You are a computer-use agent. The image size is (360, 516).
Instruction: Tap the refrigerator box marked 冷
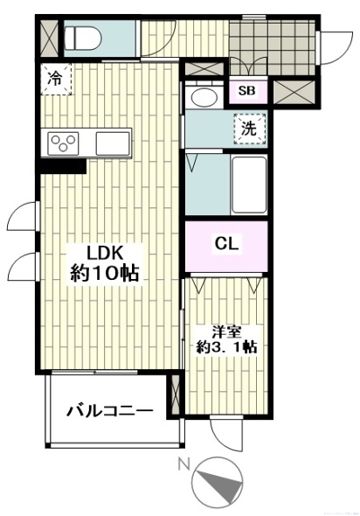54,78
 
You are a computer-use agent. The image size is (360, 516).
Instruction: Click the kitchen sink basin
113,142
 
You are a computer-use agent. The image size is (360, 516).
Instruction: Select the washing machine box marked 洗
249,129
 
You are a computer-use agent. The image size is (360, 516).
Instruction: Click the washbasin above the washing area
205,97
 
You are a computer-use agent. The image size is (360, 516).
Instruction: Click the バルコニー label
109,410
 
